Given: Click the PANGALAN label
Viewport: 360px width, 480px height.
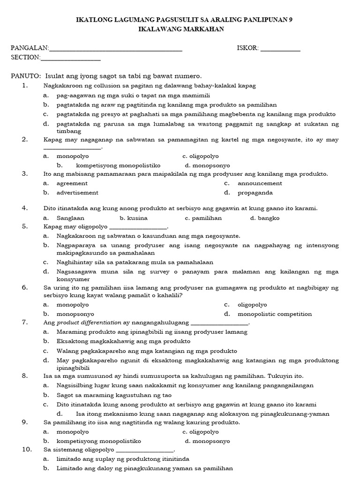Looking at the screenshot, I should [x=30, y=48].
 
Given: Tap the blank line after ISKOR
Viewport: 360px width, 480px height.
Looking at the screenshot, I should [x=280, y=49].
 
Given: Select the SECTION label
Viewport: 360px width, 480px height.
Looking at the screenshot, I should [x=25, y=57].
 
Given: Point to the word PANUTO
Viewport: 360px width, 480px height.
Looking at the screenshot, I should [x=25, y=76].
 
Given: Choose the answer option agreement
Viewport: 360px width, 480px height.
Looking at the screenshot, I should [x=72, y=183].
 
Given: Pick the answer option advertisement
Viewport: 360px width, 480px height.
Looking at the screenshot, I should [x=77, y=193].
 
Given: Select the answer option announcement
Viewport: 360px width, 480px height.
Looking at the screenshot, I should [x=260, y=183].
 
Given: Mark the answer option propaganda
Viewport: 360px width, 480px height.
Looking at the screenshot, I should [x=255, y=193].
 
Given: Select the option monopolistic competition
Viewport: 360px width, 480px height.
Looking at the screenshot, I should [x=274, y=314].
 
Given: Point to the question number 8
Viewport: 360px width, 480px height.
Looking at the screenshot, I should [x=25, y=376].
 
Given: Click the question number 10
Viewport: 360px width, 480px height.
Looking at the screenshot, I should [x=26, y=450].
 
